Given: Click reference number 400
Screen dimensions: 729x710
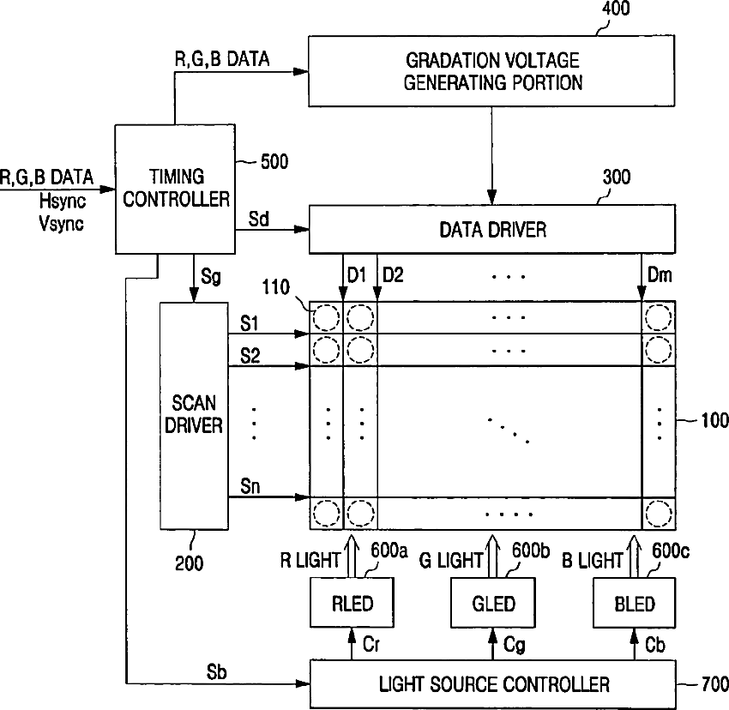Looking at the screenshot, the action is click(x=616, y=9).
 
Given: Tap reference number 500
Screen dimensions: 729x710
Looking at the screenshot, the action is click(x=274, y=162).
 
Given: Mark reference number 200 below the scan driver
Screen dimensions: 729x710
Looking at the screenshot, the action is click(x=189, y=563).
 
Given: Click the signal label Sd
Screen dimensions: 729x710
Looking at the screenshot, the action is click(x=258, y=219).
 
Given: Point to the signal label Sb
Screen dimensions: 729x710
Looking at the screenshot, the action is click(x=216, y=672).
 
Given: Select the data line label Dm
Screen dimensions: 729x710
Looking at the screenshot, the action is click(x=660, y=275).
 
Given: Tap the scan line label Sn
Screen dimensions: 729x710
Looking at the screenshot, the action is click(x=250, y=486).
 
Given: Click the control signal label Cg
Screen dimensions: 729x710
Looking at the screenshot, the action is click(x=515, y=646).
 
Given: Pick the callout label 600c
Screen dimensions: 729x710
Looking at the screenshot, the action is click(x=670, y=551).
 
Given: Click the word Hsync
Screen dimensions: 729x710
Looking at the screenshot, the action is click(x=63, y=202).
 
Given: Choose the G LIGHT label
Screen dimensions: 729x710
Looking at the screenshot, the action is click(x=450, y=560).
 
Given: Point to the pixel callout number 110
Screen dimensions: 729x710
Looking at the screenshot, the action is click(x=275, y=287).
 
